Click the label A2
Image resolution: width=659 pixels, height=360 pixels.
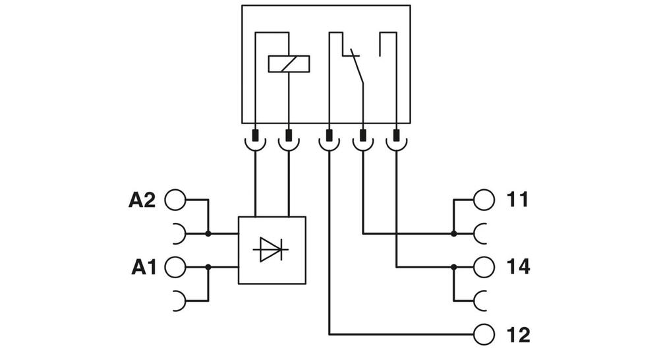click(142, 200)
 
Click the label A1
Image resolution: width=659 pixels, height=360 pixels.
click(143, 267)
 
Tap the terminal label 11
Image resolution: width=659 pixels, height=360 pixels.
click(518, 200)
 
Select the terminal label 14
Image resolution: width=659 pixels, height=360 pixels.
click(518, 267)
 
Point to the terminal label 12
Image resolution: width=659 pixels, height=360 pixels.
click(518, 335)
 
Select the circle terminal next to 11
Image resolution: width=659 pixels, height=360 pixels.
click(484, 200)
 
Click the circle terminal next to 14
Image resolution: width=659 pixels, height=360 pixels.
click(484, 267)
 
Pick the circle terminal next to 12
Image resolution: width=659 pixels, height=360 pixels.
click(484, 335)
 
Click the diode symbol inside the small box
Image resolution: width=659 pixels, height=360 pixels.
click(271, 250)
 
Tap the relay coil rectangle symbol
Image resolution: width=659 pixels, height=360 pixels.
click(289, 64)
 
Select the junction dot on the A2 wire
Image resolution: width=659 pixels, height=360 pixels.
click(208, 233)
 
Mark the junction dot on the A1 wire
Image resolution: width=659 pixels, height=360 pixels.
click(208, 267)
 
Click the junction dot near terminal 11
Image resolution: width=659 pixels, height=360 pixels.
click(454, 233)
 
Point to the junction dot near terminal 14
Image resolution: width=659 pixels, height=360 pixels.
click(454, 267)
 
